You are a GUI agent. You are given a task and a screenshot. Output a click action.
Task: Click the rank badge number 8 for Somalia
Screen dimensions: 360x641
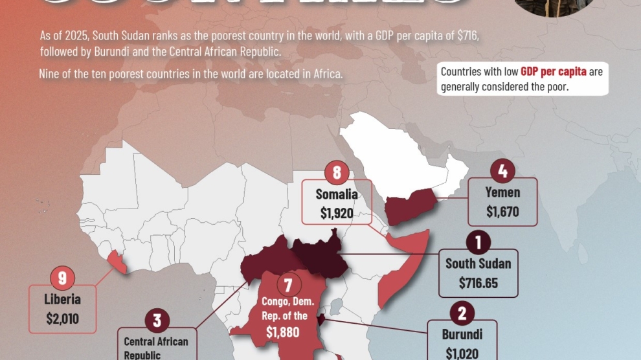coord(337,173)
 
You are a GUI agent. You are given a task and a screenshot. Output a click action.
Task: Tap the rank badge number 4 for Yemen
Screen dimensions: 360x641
coord(503,172)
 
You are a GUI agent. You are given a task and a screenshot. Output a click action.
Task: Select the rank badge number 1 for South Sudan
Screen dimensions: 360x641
coord(478,243)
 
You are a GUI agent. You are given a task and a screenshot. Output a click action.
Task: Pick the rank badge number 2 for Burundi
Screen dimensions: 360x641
coord(462,314)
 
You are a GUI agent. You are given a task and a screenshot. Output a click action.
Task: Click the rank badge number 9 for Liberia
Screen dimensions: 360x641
coord(63,278)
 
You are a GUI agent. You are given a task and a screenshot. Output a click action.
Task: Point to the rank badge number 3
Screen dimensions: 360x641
coord(157,320)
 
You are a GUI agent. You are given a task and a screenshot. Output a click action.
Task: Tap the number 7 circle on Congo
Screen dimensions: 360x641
coord(289,284)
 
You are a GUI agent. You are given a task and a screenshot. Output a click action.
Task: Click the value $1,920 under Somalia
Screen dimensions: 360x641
coord(337,212)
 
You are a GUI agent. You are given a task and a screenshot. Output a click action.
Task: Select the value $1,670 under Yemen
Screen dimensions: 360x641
coord(502,211)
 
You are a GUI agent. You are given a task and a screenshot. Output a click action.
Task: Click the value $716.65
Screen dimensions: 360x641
coord(478,283)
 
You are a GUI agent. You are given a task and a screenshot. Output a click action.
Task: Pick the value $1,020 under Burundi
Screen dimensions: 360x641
coord(462,353)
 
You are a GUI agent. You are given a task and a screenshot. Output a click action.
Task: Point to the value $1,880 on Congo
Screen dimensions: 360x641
coord(284,332)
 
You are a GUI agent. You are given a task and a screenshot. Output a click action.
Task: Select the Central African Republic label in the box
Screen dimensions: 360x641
coord(156,348)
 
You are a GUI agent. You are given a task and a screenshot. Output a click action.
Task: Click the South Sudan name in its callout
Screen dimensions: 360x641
coord(478,264)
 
